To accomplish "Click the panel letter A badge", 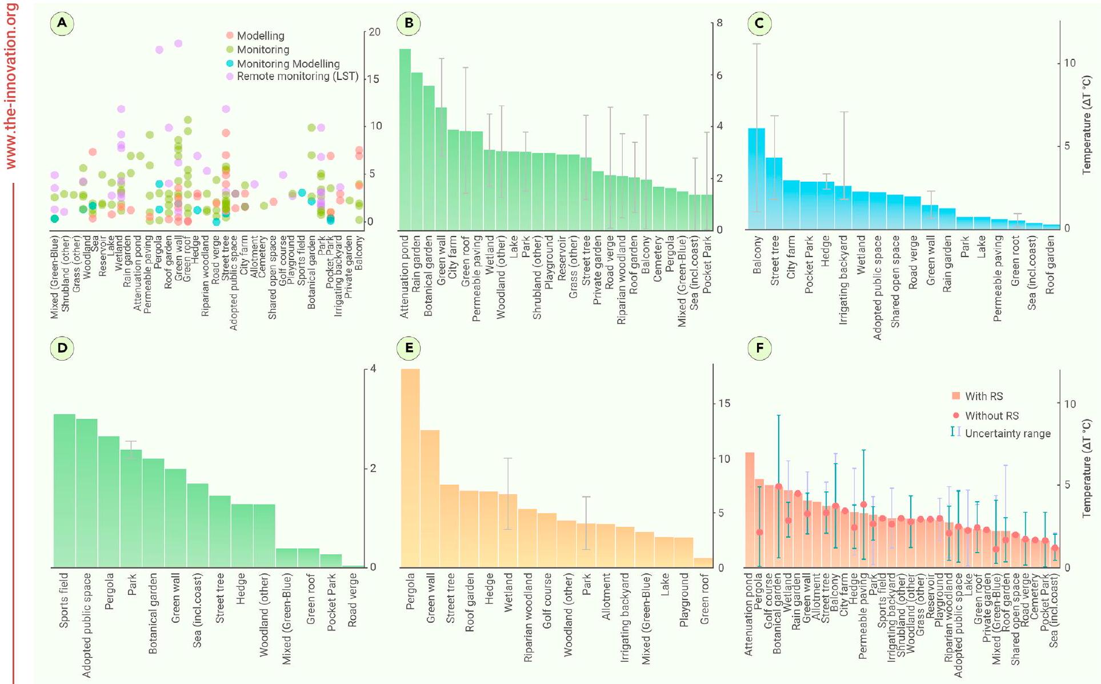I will tap(62, 23).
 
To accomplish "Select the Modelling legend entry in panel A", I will tap(260, 35).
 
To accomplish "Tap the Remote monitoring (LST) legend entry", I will tap(297, 76).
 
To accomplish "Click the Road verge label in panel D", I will tap(353, 600).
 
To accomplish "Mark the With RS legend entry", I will tap(983, 396).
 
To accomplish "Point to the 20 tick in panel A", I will tap(374, 32).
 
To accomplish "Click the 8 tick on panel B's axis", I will tap(719, 23).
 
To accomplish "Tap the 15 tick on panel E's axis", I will tap(723, 403).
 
